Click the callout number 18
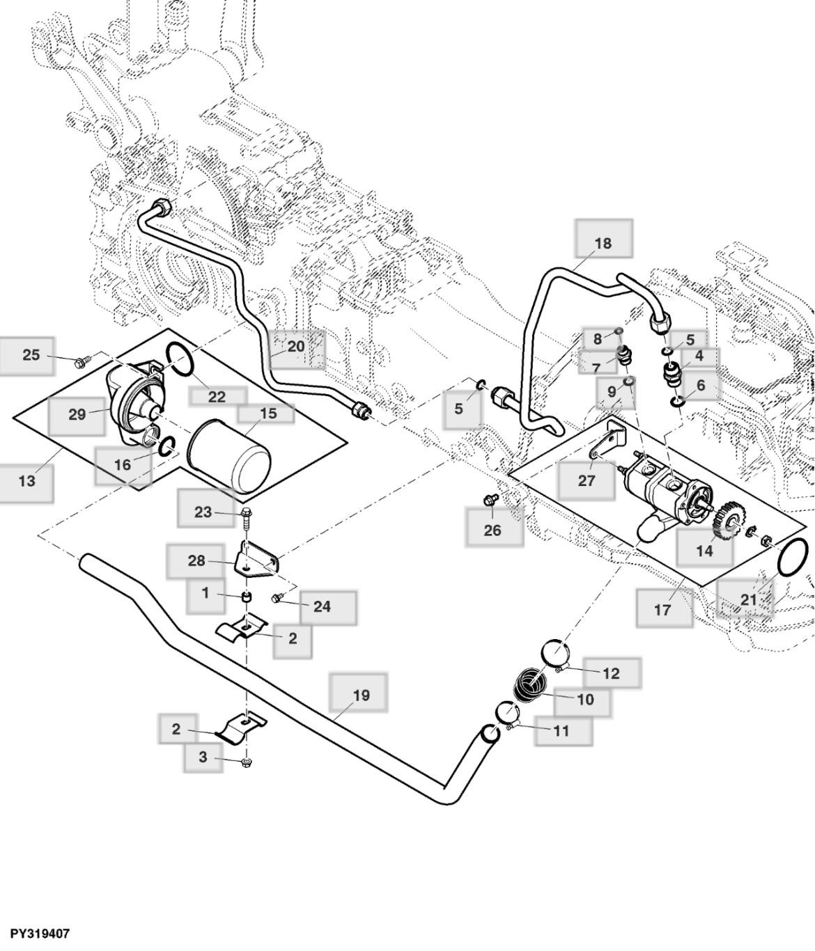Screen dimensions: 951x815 tap(603, 243)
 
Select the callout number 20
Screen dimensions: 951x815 tap(296, 346)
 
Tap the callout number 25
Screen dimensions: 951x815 tap(31, 355)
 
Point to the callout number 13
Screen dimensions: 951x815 tap(26, 480)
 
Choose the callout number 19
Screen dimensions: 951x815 tap(362, 695)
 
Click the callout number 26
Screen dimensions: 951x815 tap(492, 531)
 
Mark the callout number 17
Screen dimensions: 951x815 tap(662, 610)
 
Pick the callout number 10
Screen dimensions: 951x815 tap(586, 699)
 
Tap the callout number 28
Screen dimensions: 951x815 tap(197, 560)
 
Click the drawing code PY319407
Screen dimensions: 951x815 tap(40, 933)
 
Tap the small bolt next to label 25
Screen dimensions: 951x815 tap(83, 361)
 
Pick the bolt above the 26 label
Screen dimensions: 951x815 tap(490, 499)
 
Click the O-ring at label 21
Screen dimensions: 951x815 tap(793, 556)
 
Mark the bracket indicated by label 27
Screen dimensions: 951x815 tap(607, 442)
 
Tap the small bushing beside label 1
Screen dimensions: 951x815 tap(246, 597)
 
